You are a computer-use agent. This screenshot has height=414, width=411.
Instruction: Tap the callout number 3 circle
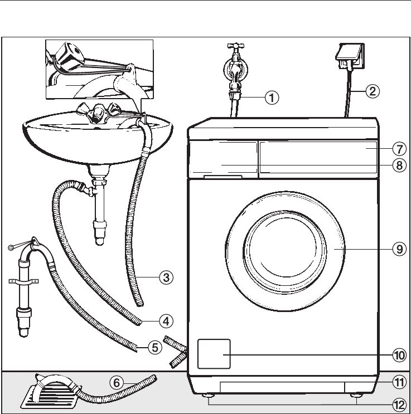coord(164,276)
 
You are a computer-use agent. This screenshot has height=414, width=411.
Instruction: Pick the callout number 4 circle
coord(164,321)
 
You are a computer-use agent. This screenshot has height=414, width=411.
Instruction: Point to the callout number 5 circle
coord(154,348)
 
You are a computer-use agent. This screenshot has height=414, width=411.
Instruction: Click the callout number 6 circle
coord(116,382)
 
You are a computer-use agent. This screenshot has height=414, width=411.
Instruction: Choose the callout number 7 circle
coord(398,149)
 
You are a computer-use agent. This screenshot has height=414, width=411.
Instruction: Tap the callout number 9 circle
coord(398,250)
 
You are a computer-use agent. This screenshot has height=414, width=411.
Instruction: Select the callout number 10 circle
coord(398,354)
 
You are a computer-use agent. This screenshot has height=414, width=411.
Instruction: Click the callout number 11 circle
coord(398,382)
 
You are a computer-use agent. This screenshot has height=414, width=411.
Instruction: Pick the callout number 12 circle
coord(398,402)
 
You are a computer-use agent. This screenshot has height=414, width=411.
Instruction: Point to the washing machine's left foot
coord(209,396)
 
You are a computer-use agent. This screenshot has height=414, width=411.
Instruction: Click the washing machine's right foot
coord(355,397)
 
